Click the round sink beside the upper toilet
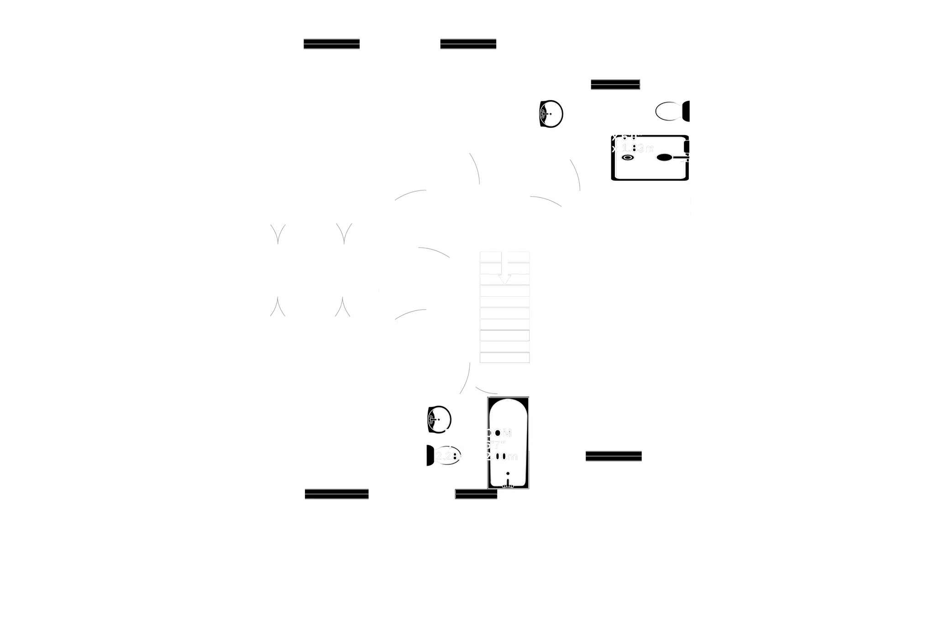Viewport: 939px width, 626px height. click(x=551, y=113)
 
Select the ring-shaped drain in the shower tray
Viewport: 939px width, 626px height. click(x=627, y=158)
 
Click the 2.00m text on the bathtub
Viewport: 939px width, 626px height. click(x=502, y=457)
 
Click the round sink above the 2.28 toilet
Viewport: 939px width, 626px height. click(x=439, y=419)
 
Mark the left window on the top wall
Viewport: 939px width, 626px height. click(x=331, y=44)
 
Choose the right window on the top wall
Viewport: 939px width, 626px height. click(x=468, y=44)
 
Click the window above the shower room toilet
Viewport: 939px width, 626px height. click(x=615, y=84)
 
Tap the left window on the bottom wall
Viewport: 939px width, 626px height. click(x=336, y=494)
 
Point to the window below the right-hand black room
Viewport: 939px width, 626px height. click(x=614, y=457)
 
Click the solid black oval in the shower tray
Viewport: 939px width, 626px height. click(x=664, y=158)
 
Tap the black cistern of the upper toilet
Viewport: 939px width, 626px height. click(x=685, y=111)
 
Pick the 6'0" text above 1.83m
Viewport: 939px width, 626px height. click(x=626, y=137)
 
